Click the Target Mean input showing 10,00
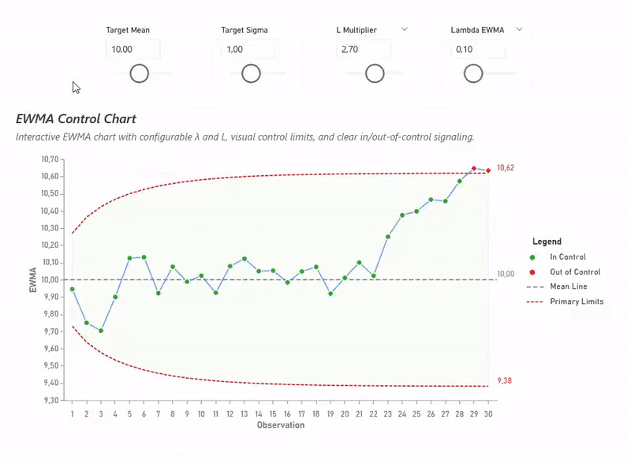click(x=133, y=50)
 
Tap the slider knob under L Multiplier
click(x=375, y=74)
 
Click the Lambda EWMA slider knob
click(x=473, y=74)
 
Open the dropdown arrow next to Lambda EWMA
click(x=519, y=29)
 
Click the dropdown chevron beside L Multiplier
click(x=405, y=29)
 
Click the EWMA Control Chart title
click(x=76, y=119)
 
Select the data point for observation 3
click(x=101, y=331)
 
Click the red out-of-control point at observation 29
click(x=474, y=168)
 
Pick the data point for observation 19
click(x=330, y=294)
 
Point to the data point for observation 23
click(x=388, y=237)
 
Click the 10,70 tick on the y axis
click(x=49, y=159)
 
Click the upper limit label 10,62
click(x=506, y=168)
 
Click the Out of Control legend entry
click(x=575, y=272)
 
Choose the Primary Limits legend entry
click(x=577, y=301)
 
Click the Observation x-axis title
click(x=280, y=425)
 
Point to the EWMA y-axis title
click(x=33, y=279)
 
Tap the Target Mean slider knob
click(x=140, y=74)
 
